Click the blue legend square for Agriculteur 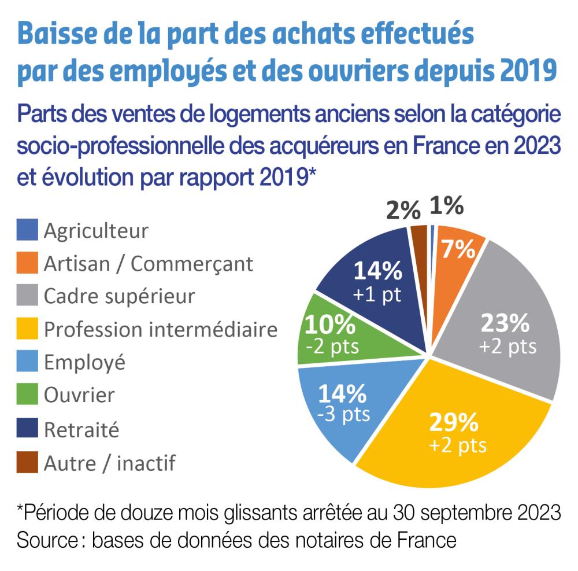pyautogui.click(x=28, y=230)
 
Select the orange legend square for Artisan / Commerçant pyautogui.click(x=28, y=263)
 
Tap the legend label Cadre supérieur pyautogui.click(x=120, y=296)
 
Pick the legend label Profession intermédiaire pyautogui.click(x=161, y=330)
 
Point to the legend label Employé pyautogui.click(x=84, y=363)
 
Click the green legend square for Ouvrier pyautogui.click(x=28, y=396)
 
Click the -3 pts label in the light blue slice pyautogui.click(x=343, y=415)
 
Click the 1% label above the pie pyautogui.click(x=446, y=205)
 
